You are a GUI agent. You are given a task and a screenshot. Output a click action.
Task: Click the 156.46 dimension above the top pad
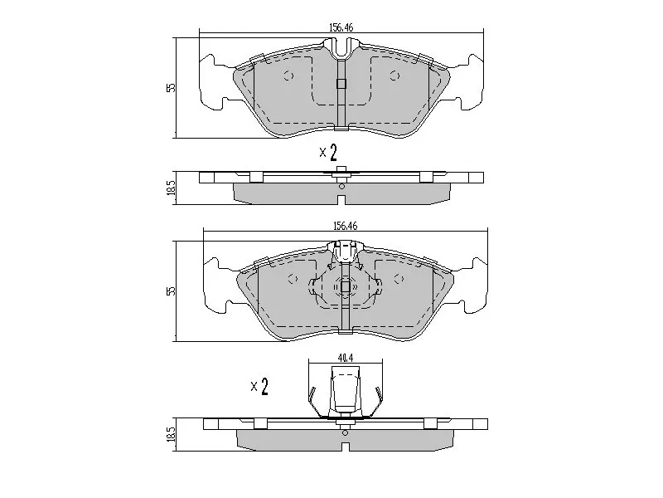(x=341, y=28)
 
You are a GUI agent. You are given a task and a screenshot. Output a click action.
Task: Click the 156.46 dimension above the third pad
(x=345, y=226)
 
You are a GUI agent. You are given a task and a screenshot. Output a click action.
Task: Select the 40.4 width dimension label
(x=345, y=358)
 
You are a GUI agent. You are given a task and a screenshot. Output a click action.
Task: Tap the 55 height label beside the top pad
(x=171, y=88)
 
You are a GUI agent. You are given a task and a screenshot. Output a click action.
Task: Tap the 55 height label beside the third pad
(x=171, y=291)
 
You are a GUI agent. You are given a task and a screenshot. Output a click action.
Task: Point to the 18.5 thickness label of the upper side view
(x=171, y=188)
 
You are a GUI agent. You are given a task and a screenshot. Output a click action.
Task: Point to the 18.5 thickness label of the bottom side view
(x=171, y=434)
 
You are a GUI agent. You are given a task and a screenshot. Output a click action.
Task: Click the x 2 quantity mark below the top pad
(x=328, y=153)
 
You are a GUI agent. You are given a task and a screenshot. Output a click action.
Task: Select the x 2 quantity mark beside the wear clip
(x=259, y=386)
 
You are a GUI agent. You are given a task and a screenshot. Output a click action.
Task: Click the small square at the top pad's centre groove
(x=341, y=84)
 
